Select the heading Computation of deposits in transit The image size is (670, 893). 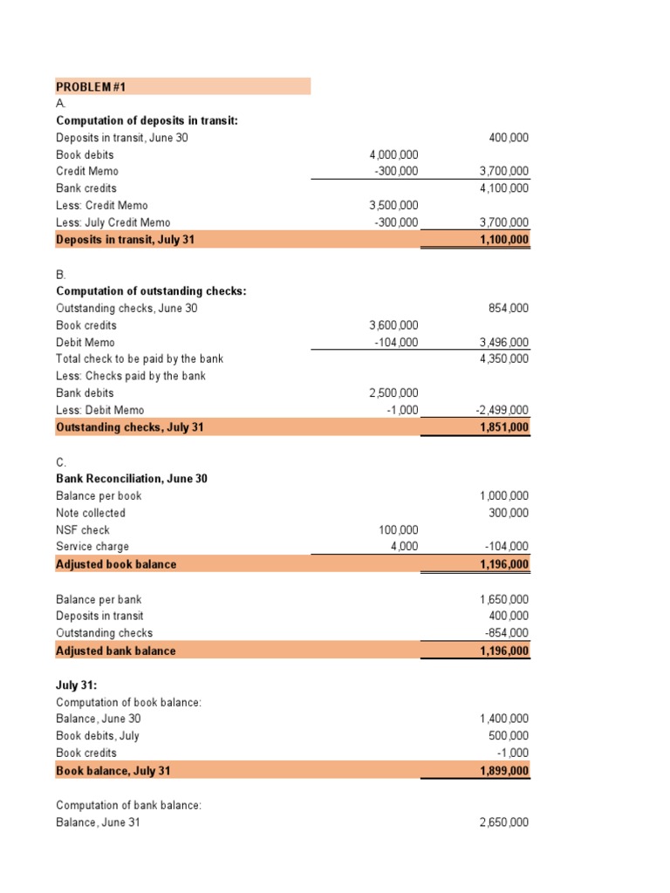click(x=147, y=121)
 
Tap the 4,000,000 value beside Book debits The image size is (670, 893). click(x=393, y=155)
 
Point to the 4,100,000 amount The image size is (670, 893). click(x=503, y=188)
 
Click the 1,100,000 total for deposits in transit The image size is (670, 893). click(x=503, y=240)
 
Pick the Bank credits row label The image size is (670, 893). click(x=85, y=188)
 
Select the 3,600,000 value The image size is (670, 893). click(x=393, y=325)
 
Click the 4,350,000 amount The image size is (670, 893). click(x=503, y=358)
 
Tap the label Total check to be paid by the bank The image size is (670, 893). click(x=140, y=358)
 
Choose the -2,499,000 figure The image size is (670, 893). click(x=501, y=410)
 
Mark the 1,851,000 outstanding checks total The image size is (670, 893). click(x=503, y=427)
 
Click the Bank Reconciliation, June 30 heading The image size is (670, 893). click(x=131, y=479)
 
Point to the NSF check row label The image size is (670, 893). click(x=83, y=530)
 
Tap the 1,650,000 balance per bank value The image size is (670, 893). click(x=503, y=600)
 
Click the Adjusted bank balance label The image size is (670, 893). click(x=115, y=651)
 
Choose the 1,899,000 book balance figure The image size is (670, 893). click(x=503, y=771)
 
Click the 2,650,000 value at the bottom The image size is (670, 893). click(x=503, y=822)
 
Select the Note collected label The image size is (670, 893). click(x=91, y=513)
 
